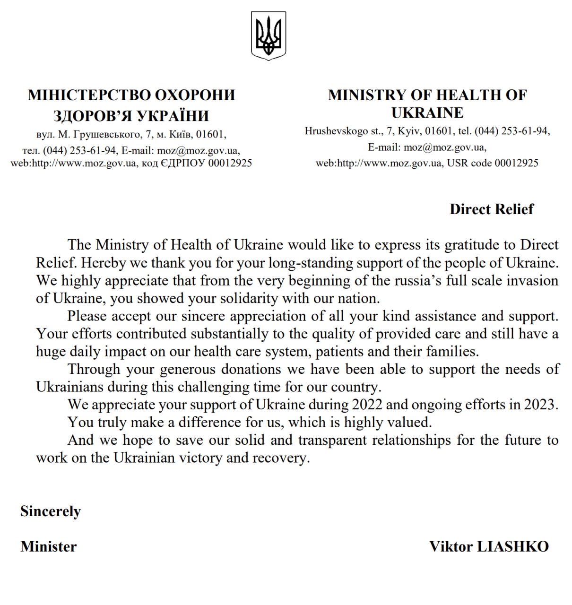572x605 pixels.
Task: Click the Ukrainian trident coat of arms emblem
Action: coord(268,36)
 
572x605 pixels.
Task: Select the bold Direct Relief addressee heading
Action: coord(491,209)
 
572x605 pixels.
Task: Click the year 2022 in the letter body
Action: coord(367,405)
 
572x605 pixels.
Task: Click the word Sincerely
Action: coord(51,511)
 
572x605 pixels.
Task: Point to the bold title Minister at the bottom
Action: coord(48,547)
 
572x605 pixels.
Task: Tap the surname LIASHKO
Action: coord(513,547)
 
